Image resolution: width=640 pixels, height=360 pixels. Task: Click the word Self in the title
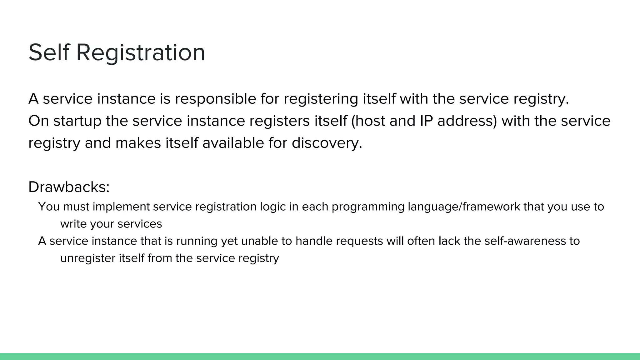(x=48, y=52)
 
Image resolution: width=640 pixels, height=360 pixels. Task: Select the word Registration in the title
(x=140, y=52)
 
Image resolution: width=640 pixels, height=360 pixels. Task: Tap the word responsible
(x=215, y=99)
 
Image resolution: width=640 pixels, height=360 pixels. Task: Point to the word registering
(x=321, y=99)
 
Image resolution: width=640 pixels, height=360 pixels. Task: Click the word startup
(x=77, y=121)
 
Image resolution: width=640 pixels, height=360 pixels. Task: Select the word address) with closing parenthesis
(x=467, y=121)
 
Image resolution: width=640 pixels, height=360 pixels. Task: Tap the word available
(x=233, y=143)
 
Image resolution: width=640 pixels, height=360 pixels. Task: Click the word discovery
(x=327, y=143)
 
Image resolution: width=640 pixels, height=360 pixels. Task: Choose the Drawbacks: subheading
(x=69, y=187)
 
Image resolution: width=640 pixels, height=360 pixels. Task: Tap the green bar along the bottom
(x=320, y=357)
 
